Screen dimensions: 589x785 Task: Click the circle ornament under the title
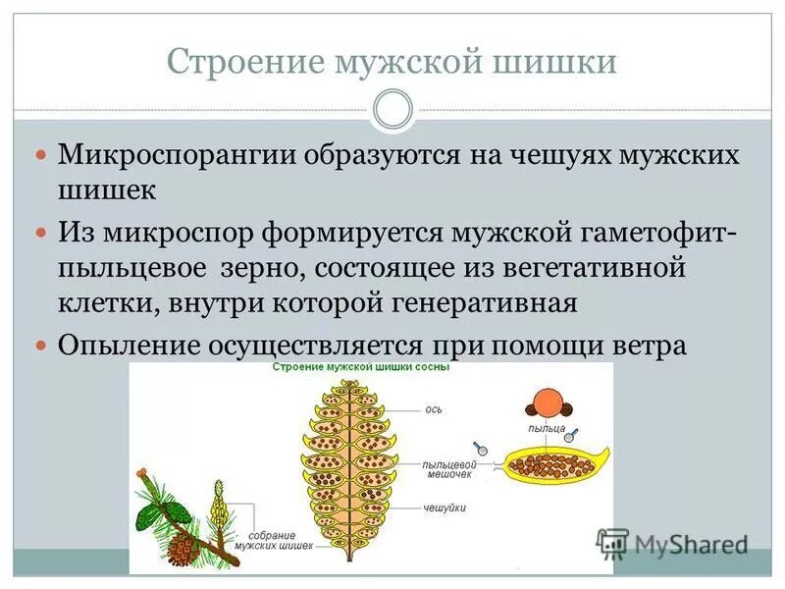pyautogui.click(x=392, y=109)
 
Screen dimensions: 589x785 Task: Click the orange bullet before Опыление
pyautogui.click(x=40, y=347)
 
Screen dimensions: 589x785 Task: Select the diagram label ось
pyautogui.click(x=433, y=409)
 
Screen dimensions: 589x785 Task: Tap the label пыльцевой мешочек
pyautogui.click(x=448, y=467)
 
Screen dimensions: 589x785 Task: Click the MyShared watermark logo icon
pyautogui.click(x=612, y=541)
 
